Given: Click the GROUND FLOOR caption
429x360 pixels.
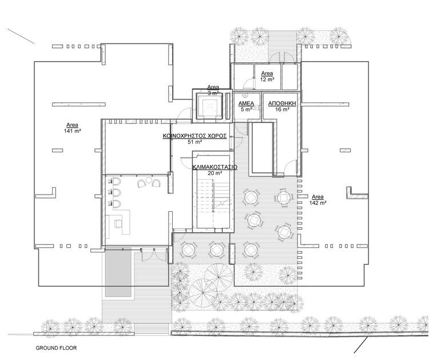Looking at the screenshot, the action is pos(56,348).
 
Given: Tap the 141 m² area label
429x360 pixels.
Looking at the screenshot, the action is pos(72,128).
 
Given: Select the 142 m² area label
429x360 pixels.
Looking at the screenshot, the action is pos(317,200).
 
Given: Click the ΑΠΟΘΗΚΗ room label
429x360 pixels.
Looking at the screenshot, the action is pos(283,104).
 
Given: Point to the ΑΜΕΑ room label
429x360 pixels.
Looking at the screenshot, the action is pos(246,104).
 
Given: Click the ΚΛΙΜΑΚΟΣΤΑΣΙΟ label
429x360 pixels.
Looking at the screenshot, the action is pos(214,167).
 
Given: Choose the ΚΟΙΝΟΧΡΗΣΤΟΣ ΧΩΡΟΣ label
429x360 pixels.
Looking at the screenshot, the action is pos(195,136).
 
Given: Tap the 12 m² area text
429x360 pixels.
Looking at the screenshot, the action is pos(267,80).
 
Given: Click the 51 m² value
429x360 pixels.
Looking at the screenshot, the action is pos(195,142).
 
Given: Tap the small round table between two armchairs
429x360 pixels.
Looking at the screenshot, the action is pos(149,180).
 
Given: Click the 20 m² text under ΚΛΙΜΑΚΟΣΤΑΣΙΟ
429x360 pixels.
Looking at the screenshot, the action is pos(214,173).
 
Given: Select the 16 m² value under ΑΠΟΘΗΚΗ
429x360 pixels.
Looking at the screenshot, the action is pos(283,109).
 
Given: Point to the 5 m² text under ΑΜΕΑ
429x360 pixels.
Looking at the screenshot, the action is pos(246,109).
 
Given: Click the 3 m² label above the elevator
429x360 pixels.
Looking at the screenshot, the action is pos(213,93).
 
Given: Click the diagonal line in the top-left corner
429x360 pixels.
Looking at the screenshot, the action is pos(21,36).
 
